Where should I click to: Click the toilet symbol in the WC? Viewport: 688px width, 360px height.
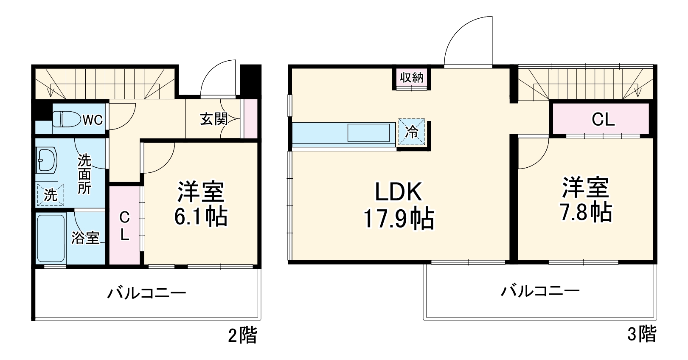click(x=67, y=119)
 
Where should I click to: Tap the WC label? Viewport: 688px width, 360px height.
click(x=93, y=120)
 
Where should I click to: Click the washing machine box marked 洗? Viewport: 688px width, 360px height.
click(x=50, y=195)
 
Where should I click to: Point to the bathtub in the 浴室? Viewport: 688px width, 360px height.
click(x=51, y=239)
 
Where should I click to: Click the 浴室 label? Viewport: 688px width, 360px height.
click(x=85, y=237)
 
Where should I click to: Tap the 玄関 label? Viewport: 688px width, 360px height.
click(x=214, y=119)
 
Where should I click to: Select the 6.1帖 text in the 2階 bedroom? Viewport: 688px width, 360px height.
click(x=201, y=217)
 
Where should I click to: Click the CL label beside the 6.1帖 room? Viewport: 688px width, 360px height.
click(x=124, y=226)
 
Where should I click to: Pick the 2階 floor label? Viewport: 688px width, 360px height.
click(x=242, y=336)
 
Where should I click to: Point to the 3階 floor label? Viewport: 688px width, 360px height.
click(x=641, y=334)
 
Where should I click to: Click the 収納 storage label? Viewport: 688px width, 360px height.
click(x=412, y=78)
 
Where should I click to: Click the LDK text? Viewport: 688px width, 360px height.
click(x=398, y=192)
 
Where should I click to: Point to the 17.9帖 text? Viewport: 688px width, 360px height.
click(x=398, y=219)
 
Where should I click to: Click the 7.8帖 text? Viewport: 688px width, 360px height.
click(x=586, y=212)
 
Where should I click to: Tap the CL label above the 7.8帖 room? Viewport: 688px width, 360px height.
click(x=603, y=120)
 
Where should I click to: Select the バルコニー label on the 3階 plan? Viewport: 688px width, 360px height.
click(x=540, y=291)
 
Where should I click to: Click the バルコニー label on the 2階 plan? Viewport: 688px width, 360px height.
click(x=146, y=293)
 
